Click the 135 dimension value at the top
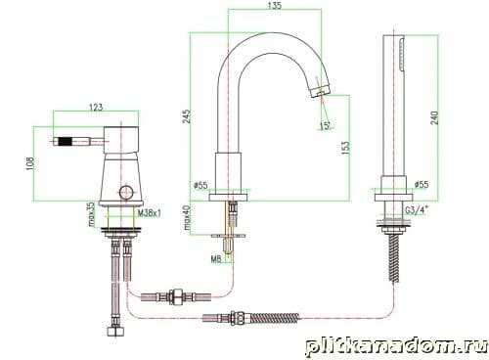tap(275, 6)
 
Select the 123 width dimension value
tap(96, 107)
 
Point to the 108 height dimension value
tap(29, 163)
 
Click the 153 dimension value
tap(345, 148)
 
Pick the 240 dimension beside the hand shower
tap(434, 117)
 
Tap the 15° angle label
tap(325, 126)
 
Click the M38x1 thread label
tap(150, 213)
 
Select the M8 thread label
tap(216, 259)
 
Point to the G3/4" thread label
tap(417, 210)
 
